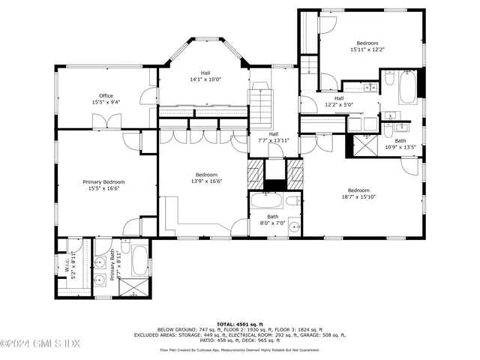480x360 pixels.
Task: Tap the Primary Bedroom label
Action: coord(103,182)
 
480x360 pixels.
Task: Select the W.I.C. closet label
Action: coord(66,261)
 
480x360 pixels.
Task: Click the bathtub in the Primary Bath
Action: coord(139,260)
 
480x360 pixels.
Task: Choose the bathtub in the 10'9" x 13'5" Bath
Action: coord(407,88)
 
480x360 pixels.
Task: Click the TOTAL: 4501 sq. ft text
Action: coord(239,324)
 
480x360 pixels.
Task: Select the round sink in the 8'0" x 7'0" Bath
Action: coord(293,227)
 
